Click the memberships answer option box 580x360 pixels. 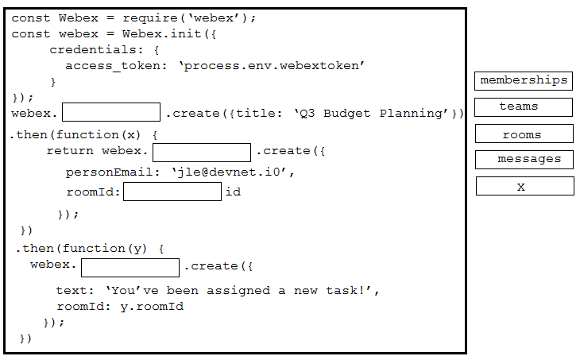524,80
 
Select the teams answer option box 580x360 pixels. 524,106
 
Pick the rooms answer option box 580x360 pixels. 524,134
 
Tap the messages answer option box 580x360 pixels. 524,159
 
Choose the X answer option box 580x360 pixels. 524,186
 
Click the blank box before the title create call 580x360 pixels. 111,113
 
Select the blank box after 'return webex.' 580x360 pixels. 202,152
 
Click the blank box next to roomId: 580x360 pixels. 172,192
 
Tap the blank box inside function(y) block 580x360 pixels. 130,267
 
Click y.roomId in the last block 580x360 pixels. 152,307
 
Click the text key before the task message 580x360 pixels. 72,291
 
